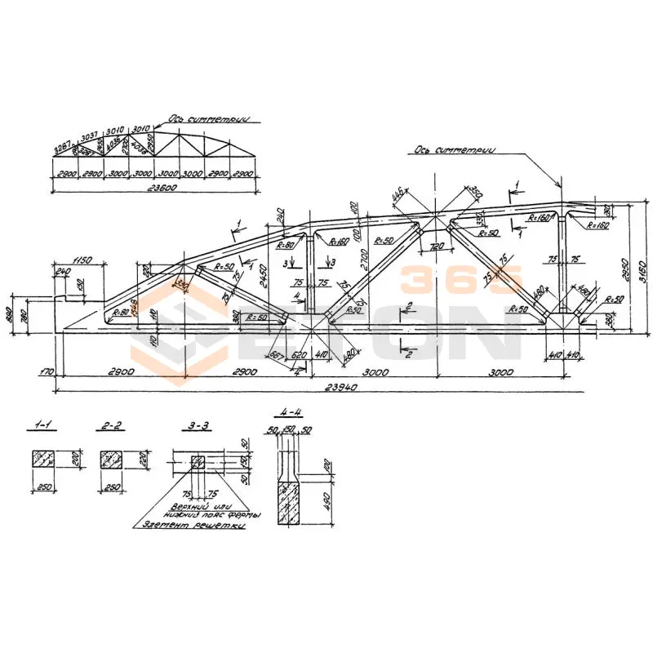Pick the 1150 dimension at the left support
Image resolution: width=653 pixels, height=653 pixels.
coord(78,260)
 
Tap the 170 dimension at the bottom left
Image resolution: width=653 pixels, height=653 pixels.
coord(47,371)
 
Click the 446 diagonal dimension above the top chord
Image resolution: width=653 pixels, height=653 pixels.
coord(398,196)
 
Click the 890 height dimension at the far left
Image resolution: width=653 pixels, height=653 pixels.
coord(10,313)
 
